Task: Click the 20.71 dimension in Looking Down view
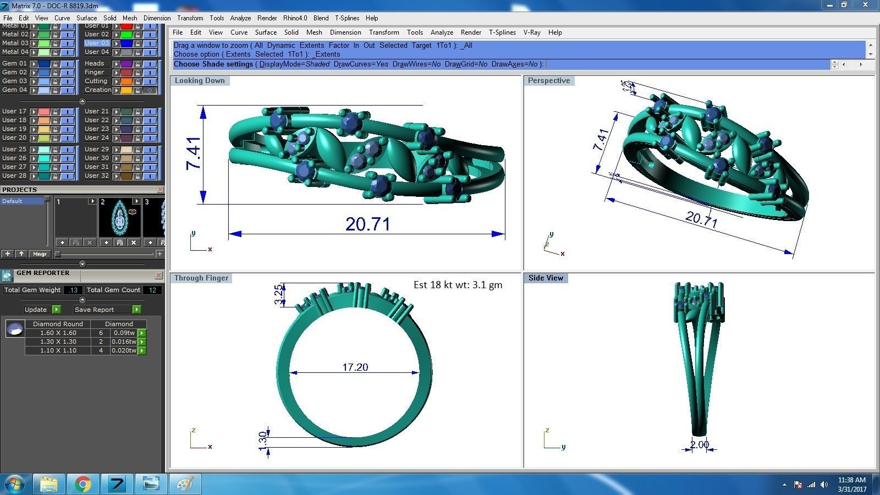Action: (x=367, y=224)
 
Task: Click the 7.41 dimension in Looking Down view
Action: (x=194, y=153)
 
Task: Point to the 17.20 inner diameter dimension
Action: (x=355, y=367)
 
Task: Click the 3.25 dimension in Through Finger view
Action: (x=279, y=294)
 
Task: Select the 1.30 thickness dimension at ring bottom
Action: (x=263, y=439)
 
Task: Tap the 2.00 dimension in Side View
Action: (x=699, y=444)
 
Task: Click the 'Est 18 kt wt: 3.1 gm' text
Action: (x=458, y=285)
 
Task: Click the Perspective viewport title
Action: (x=548, y=80)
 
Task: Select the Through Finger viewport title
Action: (x=201, y=278)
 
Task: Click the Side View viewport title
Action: (x=546, y=278)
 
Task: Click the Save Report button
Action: (x=95, y=310)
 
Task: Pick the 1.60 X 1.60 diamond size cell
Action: (x=58, y=333)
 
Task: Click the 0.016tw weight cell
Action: (x=123, y=342)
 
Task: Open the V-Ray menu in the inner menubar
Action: (x=532, y=32)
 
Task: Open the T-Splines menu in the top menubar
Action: (x=346, y=18)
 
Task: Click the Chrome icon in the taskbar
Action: (x=83, y=484)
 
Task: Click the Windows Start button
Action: (x=15, y=484)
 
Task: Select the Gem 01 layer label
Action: (x=14, y=63)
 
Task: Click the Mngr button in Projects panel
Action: (x=40, y=254)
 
